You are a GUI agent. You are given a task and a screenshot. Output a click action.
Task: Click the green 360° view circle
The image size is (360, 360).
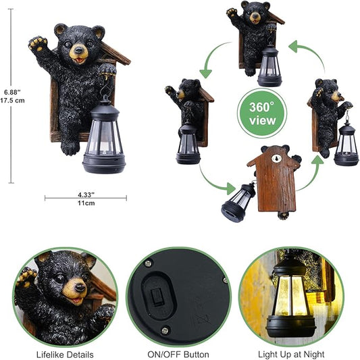click(x=262, y=112)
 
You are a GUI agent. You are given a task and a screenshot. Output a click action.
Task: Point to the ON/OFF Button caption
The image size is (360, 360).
click(x=178, y=354)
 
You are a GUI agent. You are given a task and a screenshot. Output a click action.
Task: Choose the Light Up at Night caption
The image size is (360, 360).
click(x=290, y=354)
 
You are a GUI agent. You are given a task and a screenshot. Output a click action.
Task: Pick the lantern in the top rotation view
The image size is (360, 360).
click(x=269, y=66)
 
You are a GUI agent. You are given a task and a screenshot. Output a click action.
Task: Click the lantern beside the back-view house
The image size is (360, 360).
click(x=238, y=201)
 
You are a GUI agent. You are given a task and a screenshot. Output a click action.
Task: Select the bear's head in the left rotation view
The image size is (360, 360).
click(x=188, y=90)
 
